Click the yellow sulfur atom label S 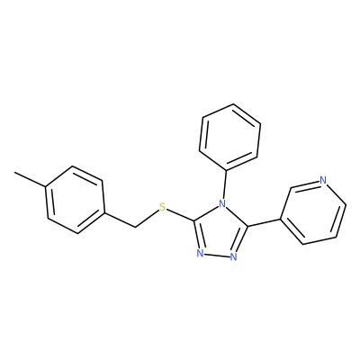pyautogui.click(x=162, y=207)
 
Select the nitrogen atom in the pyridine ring pyautogui.click(x=323, y=180)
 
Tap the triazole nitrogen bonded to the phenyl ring pyautogui.click(x=222, y=204)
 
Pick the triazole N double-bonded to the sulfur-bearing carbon pyautogui.click(x=201, y=254)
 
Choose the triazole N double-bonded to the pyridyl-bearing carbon pyautogui.click(x=234, y=256)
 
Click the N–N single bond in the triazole pyautogui.click(x=217, y=256)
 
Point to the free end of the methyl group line pyautogui.click(x=14, y=173)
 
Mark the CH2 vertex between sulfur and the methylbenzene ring pyautogui.click(x=135, y=227)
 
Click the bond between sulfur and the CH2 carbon pyautogui.click(x=147, y=219)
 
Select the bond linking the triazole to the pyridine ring pyautogui.click(x=264, y=222)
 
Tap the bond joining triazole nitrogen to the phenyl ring pyautogui.click(x=224, y=185)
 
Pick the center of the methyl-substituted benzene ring pyautogui.click(x=75, y=200)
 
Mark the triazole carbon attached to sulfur pyautogui.click(x=195, y=221)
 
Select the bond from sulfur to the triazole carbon pyautogui.click(x=181, y=215)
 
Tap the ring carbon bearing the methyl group pyautogui.click(x=45, y=187)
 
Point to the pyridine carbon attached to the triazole pyautogui.click(x=280, y=219)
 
